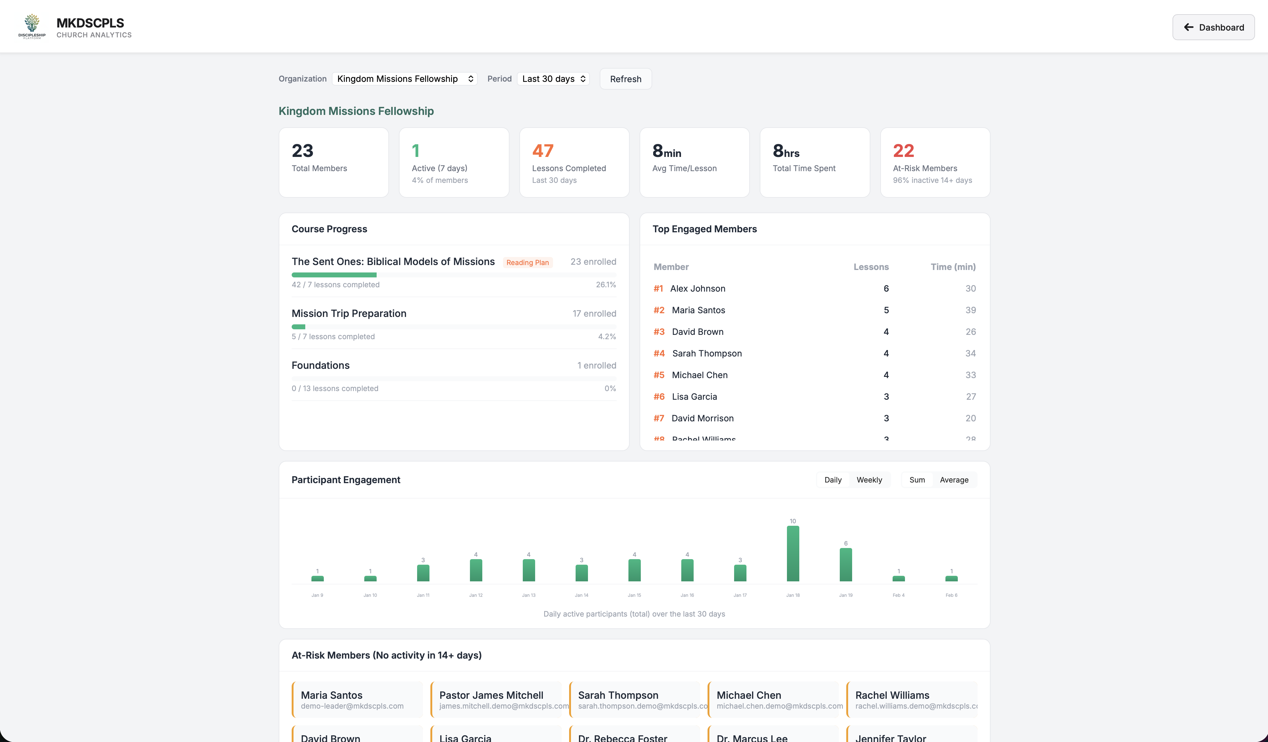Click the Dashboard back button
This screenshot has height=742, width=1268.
click(1213, 27)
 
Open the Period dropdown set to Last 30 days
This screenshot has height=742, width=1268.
click(553, 79)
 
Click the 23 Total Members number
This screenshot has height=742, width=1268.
click(302, 151)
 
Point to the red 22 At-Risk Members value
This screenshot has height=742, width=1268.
click(903, 151)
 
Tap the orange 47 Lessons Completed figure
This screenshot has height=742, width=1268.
click(543, 151)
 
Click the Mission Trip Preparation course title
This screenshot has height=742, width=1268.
click(349, 314)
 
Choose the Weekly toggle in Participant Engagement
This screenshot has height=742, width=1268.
click(869, 480)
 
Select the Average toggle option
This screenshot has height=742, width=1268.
click(953, 480)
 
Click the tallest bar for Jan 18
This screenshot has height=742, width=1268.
click(792, 553)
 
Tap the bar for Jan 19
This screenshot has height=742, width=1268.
click(845, 564)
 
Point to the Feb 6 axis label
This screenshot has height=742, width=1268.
click(951, 595)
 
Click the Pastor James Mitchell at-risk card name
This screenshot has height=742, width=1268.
click(491, 695)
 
